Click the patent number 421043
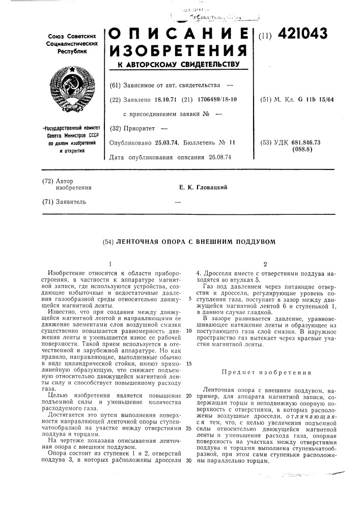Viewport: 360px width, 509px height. pos(301,35)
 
